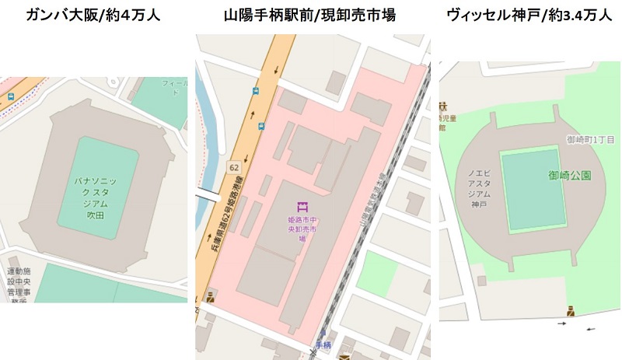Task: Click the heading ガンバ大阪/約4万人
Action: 93,15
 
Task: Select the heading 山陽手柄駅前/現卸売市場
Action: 309,15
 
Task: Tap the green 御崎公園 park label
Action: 570,175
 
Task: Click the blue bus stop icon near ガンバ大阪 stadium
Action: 11,96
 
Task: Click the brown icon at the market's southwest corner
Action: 210,295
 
